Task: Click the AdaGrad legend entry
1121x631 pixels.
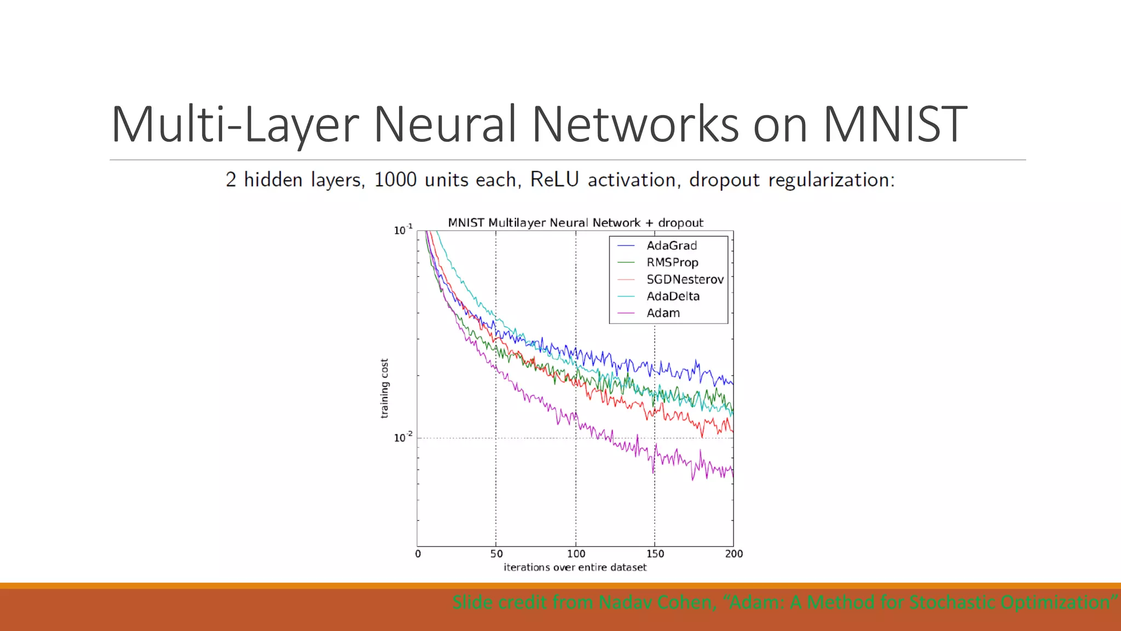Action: pyautogui.click(x=671, y=245)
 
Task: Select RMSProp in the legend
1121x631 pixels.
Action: pyautogui.click(x=672, y=262)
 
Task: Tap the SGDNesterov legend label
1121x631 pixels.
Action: pyautogui.click(x=684, y=279)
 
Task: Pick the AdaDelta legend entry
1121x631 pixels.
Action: pyautogui.click(x=673, y=296)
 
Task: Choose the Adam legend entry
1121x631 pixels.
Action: pyautogui.click(x=663, y=313)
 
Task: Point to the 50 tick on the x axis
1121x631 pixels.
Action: pyautogui.click(x=496, y=554)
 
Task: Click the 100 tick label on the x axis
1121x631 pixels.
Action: pyautogui.click(x=576, y=554)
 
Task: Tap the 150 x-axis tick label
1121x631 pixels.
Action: pyautogui.click(x=655, y=554)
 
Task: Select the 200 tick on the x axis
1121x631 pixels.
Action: pyautogui.click(x=733, y=554)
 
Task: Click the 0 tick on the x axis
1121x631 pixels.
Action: pyautogui.click(x=418, y=554)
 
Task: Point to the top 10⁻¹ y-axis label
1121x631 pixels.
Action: pyautogui.click(x=403, y=230)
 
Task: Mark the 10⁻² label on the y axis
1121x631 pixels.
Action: pyautogui.click(x=403, y=438)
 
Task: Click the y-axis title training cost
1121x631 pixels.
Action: pyautogui.click(x=384, y=388)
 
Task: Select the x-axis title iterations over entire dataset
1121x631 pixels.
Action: pyautogui.click(x=575, y=567)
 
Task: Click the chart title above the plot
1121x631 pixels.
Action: pyautogui.click(x=575, y=223)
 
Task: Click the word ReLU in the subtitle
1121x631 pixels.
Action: pyautogui.click(x=554, y=180)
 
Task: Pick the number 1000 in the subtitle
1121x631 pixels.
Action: pyautogui.click(x=395, y=180)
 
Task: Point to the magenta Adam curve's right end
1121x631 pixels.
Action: pyautogui.click(x=732, y=472)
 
